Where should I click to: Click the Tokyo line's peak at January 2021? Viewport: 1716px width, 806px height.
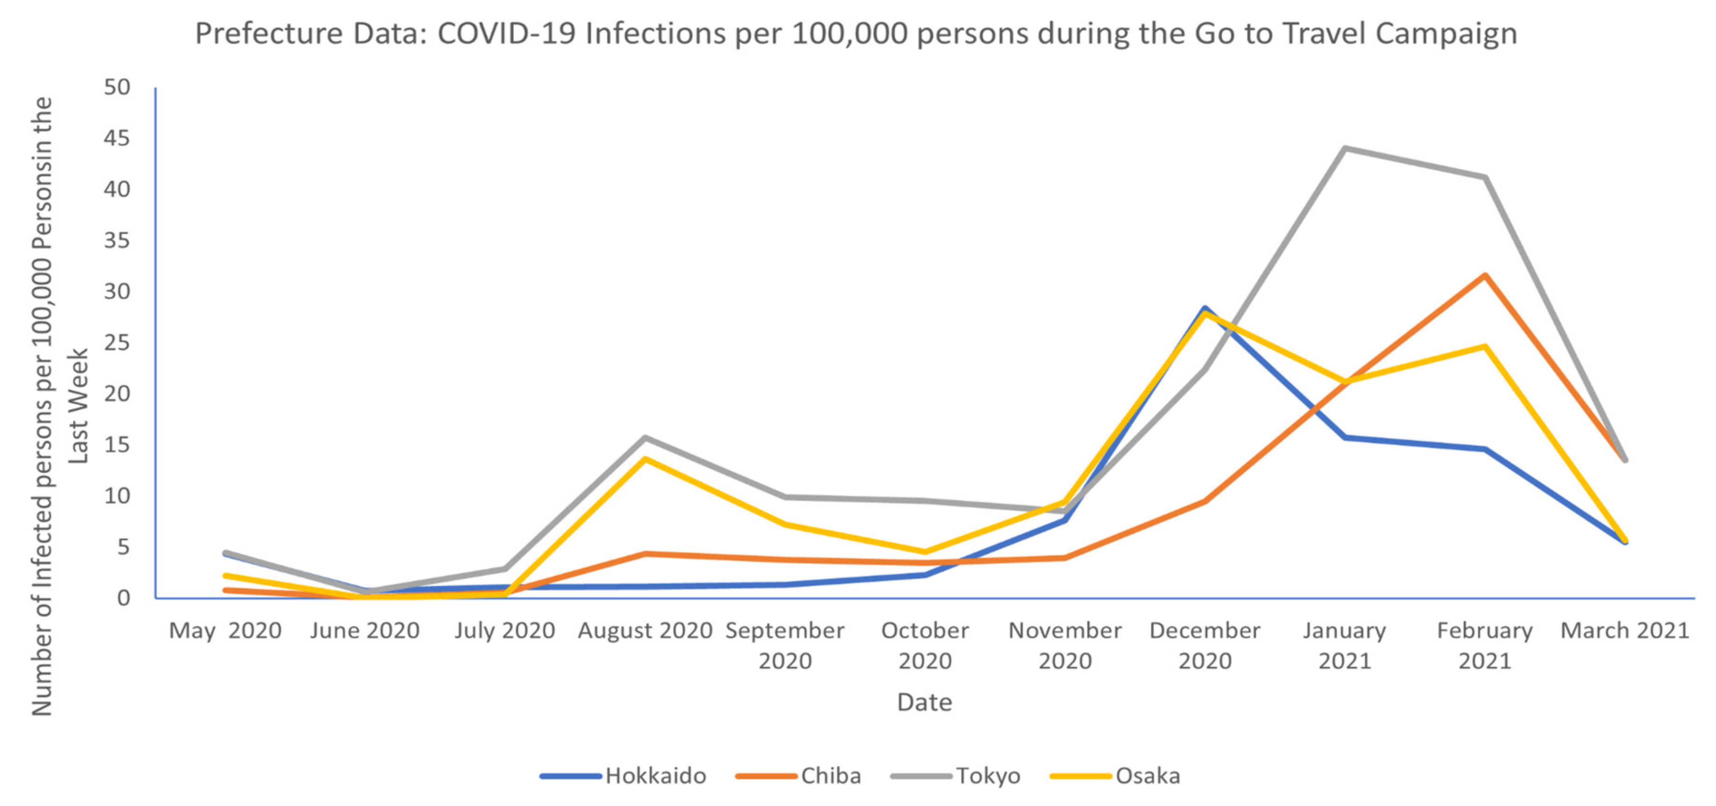1345,148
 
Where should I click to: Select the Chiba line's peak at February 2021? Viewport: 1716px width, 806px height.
1485,275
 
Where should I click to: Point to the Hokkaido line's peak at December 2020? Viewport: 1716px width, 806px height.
1204,308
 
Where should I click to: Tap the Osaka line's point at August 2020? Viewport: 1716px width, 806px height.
645,458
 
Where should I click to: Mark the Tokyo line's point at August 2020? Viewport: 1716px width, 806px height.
645,438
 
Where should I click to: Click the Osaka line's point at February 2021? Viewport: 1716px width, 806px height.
1485,346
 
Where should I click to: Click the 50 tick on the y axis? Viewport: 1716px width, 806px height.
117,87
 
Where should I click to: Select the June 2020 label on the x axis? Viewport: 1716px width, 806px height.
365,630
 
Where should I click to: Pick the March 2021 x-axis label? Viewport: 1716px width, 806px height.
1625,630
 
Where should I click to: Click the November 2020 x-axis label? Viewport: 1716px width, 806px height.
1065,645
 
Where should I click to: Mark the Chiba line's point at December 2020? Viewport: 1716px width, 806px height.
1204,501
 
